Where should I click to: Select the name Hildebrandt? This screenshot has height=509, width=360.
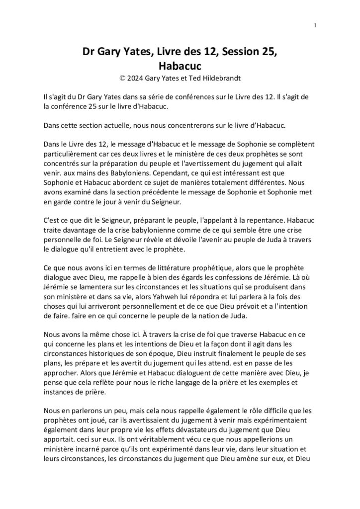[222, 78]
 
